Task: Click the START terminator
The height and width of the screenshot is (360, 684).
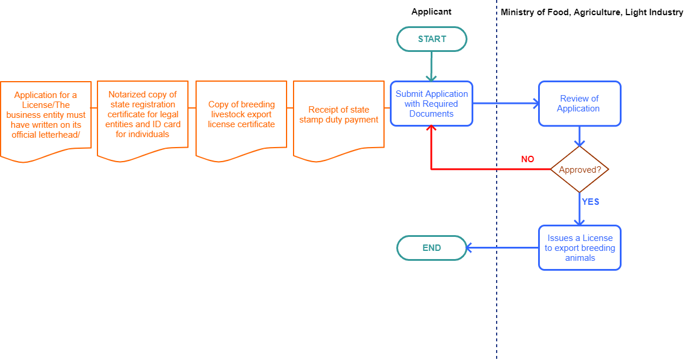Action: tap(432, 39)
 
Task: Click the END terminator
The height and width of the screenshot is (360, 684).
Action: tap(432, 248)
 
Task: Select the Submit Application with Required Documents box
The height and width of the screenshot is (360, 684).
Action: tap(431, 104)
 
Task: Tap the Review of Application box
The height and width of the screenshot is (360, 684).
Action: tap(580, 104)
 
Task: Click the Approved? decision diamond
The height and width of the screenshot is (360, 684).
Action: tap(580, 170)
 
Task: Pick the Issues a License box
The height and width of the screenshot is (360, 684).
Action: tap(580, 248)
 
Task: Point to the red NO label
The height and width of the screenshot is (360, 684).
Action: tap(527, 159)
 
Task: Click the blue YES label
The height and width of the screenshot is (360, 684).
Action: tap(591, 202)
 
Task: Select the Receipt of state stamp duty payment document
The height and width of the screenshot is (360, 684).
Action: tap(338, 115)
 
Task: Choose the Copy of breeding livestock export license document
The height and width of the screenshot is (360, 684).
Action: tap(241, 115)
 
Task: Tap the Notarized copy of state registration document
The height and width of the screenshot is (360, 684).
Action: tap(143, 114)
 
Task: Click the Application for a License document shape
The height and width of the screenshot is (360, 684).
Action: tap(46, 115)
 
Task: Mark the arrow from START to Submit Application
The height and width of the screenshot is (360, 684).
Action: tap(431, 66)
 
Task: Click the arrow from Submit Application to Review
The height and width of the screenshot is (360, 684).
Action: tap(505, 104)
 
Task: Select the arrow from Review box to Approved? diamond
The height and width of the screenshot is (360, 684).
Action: tap(580, 137)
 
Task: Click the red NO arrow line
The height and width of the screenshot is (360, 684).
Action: tap(490, 169)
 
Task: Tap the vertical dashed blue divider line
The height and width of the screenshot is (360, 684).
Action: tap(497, 303)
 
